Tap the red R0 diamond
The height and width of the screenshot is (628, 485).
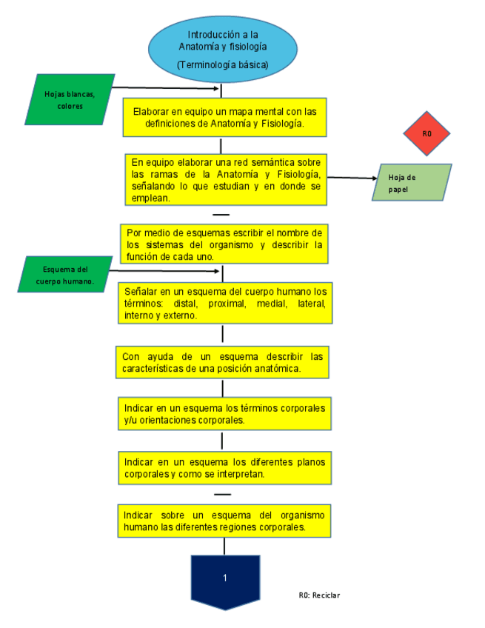tap(427, 133)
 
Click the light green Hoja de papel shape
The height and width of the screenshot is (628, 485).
tap(412, 182)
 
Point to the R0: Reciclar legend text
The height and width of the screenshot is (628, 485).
tap(319, 595)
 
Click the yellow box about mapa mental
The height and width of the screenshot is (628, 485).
tap(224, 118)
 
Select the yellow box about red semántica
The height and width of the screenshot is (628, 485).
tap(225, 178)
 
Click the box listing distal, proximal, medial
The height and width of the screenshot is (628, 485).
tap(225, 302)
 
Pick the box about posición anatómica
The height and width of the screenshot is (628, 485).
tap(224, 362)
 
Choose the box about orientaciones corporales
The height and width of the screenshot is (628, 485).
tap(225, 414)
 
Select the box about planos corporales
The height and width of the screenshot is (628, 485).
tap(224, 467)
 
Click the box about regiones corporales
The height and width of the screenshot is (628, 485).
tap(224, 521)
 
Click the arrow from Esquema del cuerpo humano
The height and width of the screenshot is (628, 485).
tap(167, 271)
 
